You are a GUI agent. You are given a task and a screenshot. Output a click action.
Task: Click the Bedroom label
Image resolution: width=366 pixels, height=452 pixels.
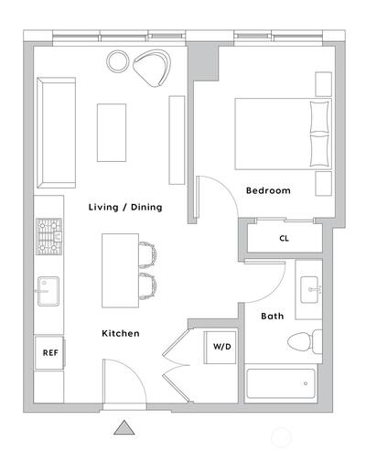[268, 190]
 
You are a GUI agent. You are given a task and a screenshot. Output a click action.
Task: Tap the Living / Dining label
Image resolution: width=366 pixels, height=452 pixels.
[125, 208]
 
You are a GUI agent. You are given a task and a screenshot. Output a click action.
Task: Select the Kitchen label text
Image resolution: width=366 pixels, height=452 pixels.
[121, 333]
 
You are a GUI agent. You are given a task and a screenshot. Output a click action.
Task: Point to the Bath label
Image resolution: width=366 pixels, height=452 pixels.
[272, 316]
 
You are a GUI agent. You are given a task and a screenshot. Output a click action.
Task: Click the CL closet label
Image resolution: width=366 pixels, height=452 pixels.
[284, 238]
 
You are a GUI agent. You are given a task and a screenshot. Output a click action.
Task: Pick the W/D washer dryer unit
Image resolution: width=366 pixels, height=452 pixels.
[221, 348]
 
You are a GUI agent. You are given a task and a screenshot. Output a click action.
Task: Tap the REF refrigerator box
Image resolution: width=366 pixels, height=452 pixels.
[49, 353]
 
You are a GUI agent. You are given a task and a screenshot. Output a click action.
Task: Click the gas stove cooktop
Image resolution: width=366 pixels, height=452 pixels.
[48, 236]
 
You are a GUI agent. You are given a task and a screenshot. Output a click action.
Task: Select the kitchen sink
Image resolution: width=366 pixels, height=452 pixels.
[48, 291]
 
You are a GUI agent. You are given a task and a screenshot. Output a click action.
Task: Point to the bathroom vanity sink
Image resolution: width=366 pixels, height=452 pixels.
[309, 289]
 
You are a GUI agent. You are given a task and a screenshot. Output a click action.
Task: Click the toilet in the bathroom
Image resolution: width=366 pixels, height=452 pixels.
[305, 341]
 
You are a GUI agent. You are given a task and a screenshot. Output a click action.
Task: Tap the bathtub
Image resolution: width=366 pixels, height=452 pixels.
[281, 383]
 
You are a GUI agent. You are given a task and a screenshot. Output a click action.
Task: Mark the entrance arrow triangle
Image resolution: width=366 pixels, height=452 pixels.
[124, 427]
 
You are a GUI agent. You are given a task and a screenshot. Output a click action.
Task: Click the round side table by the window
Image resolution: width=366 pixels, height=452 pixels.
[117, 61]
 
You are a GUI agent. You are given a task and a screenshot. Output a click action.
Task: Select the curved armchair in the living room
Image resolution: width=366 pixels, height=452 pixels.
[152, 68]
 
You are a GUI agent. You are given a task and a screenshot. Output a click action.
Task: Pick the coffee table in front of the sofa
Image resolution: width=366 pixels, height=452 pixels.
[112, 133]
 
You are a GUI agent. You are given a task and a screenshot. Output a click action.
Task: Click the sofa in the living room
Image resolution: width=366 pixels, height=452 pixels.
[56, 133]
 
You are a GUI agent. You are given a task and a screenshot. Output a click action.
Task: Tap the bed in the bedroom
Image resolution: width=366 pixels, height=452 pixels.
[283, 134]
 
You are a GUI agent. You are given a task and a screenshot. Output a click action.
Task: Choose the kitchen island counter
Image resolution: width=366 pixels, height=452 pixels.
[121, 271]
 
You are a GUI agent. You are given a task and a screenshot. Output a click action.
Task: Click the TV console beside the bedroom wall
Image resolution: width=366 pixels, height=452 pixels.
[177, 140]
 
